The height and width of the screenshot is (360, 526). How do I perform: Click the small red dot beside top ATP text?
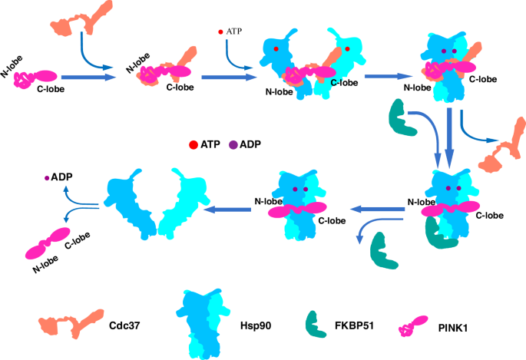point(221,32)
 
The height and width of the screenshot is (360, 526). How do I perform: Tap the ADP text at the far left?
point(62,177)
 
